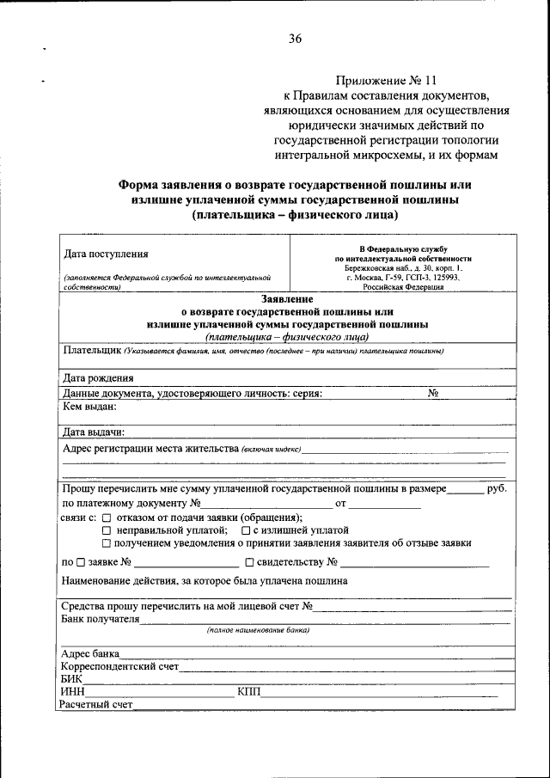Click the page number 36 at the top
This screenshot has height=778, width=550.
coord(295,37)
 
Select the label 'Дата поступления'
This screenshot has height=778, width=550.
coord(106,254)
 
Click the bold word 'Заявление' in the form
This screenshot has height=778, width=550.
coord(287,298)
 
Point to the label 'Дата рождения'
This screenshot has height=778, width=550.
coord(98,378)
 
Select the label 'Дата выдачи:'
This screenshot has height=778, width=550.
coord(95,432)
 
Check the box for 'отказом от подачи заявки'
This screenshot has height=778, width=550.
coord(107,518)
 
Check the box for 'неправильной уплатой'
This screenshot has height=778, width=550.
coord(107,531)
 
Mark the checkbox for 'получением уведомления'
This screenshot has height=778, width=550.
coord(107,543)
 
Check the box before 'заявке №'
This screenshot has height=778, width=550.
coord(80,563)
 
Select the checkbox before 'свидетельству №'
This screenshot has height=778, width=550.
coord(249,563)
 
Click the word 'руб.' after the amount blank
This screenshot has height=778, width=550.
coord(496,487)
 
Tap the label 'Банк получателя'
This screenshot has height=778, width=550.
coord(100,619)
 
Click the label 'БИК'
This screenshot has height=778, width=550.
coord(71,678)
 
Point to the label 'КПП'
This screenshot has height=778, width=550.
coord(248,691)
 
